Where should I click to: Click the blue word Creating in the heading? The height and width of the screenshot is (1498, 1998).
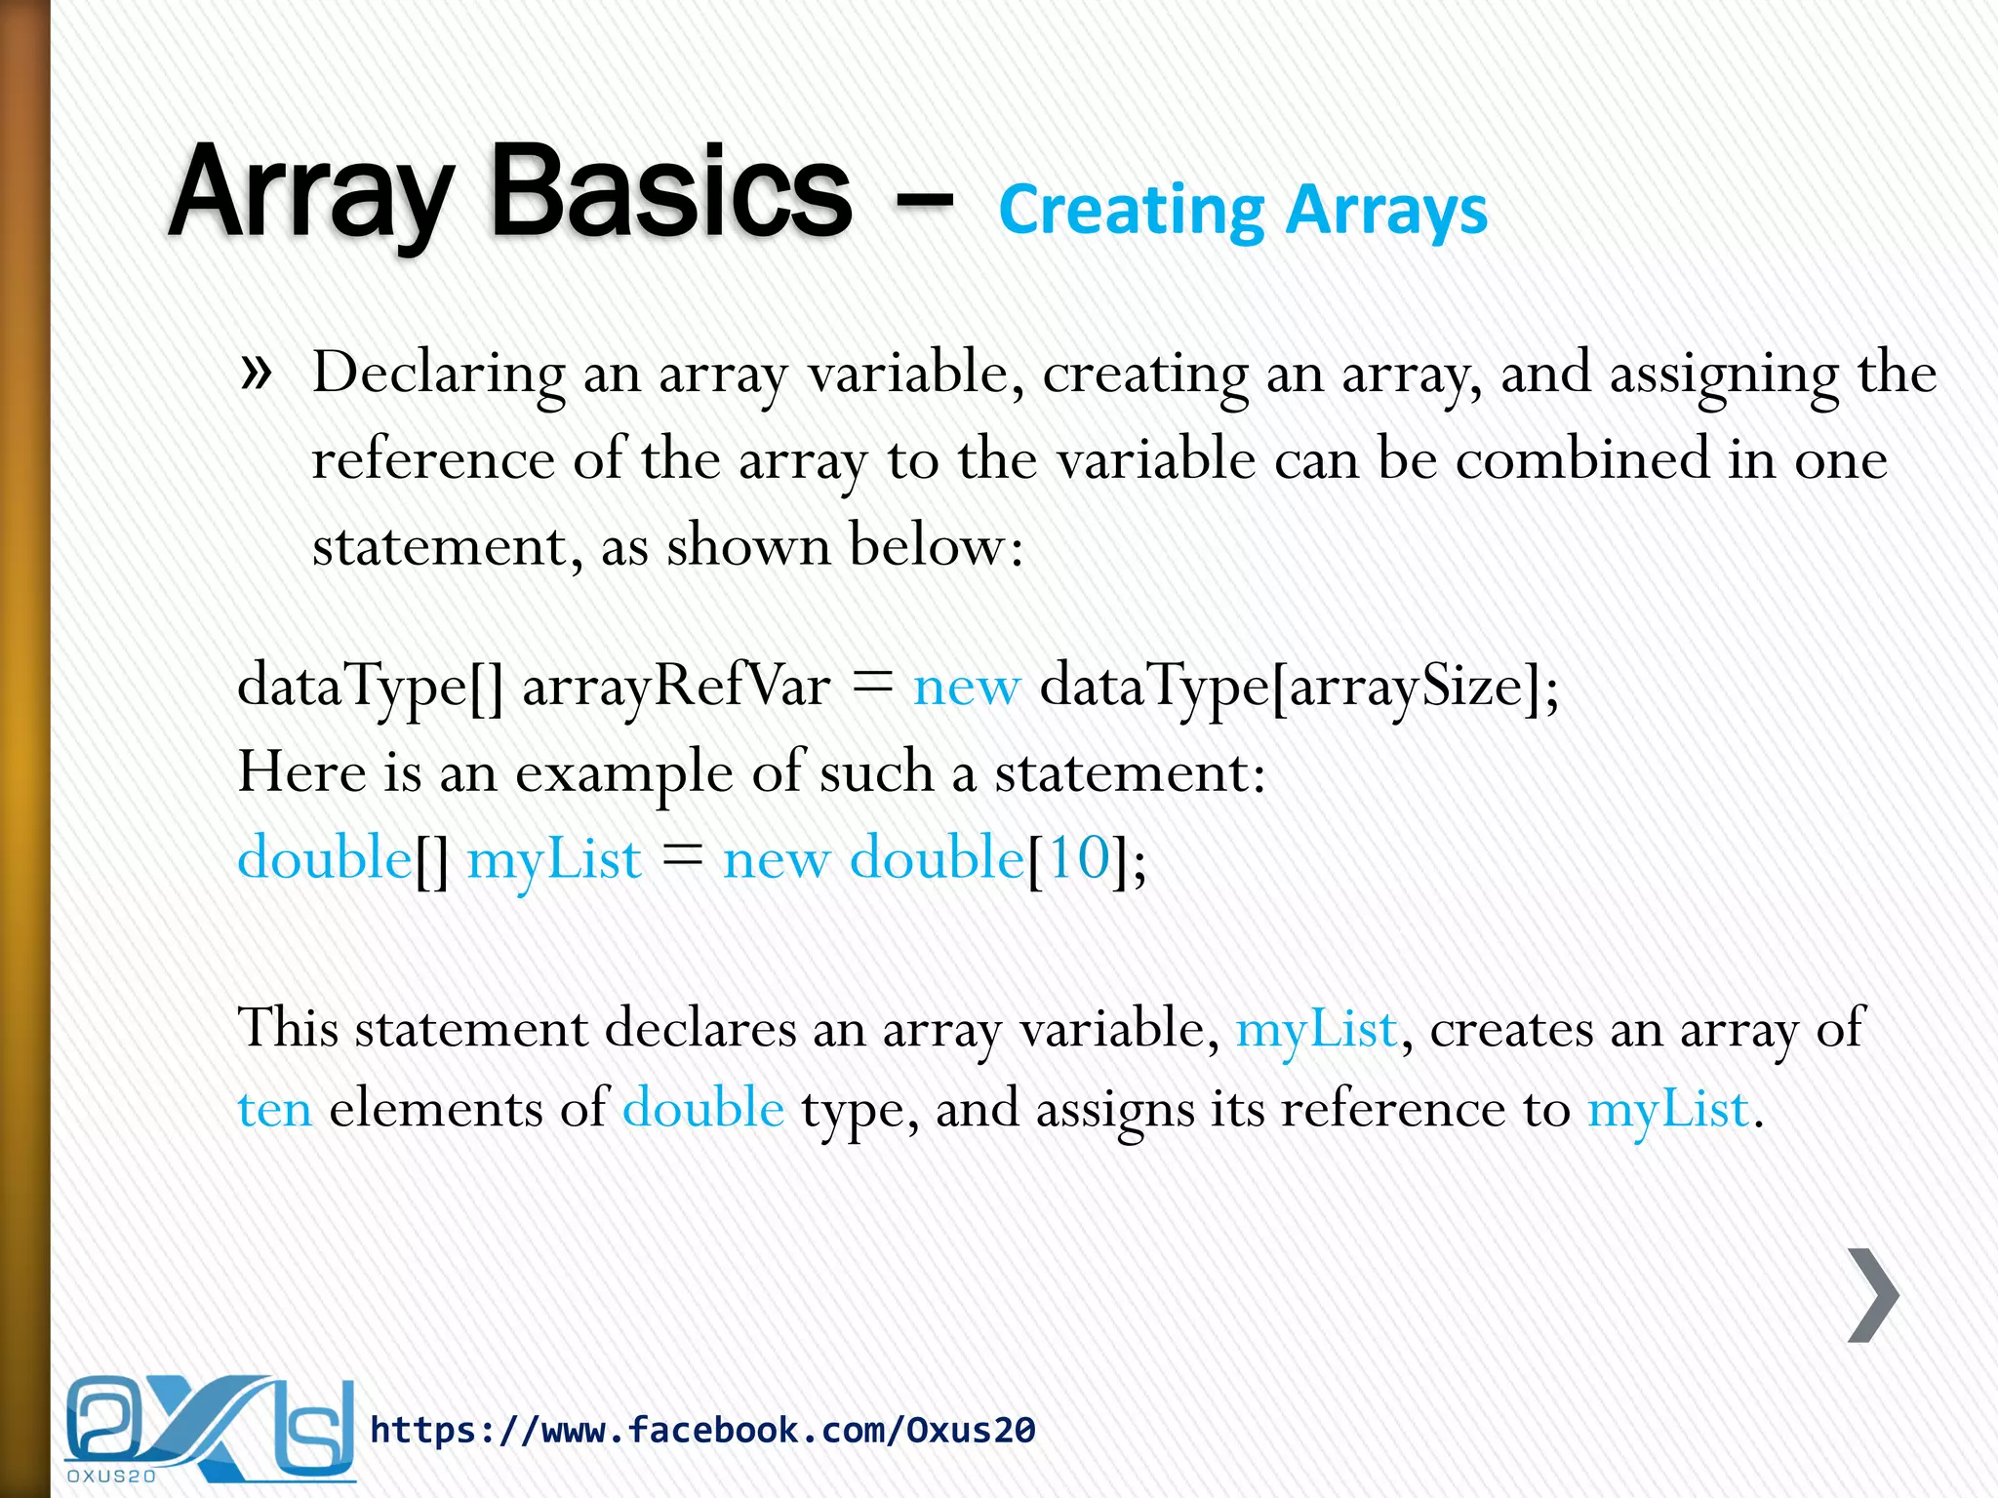tap(1132, 211)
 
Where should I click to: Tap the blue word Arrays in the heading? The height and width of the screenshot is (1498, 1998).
tap(1386, 211)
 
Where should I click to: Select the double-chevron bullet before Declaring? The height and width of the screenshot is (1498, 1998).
tap(255, 373)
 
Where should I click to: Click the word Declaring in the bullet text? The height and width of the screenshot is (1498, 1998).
tap(438, 374)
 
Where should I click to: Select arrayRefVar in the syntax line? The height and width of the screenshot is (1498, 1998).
tap(676, 686)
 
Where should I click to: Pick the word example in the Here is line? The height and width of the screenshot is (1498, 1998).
tap(624, 773)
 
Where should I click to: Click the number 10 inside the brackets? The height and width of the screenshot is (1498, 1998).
tap(1078, 859)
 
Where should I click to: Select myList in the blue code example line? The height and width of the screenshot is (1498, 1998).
tap(554, 861)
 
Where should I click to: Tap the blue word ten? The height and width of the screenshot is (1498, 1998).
tap(275, 1110)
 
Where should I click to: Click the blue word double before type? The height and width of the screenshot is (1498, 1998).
tap(703, 1109)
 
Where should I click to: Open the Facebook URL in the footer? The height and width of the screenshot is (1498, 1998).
tap(702, 1430)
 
